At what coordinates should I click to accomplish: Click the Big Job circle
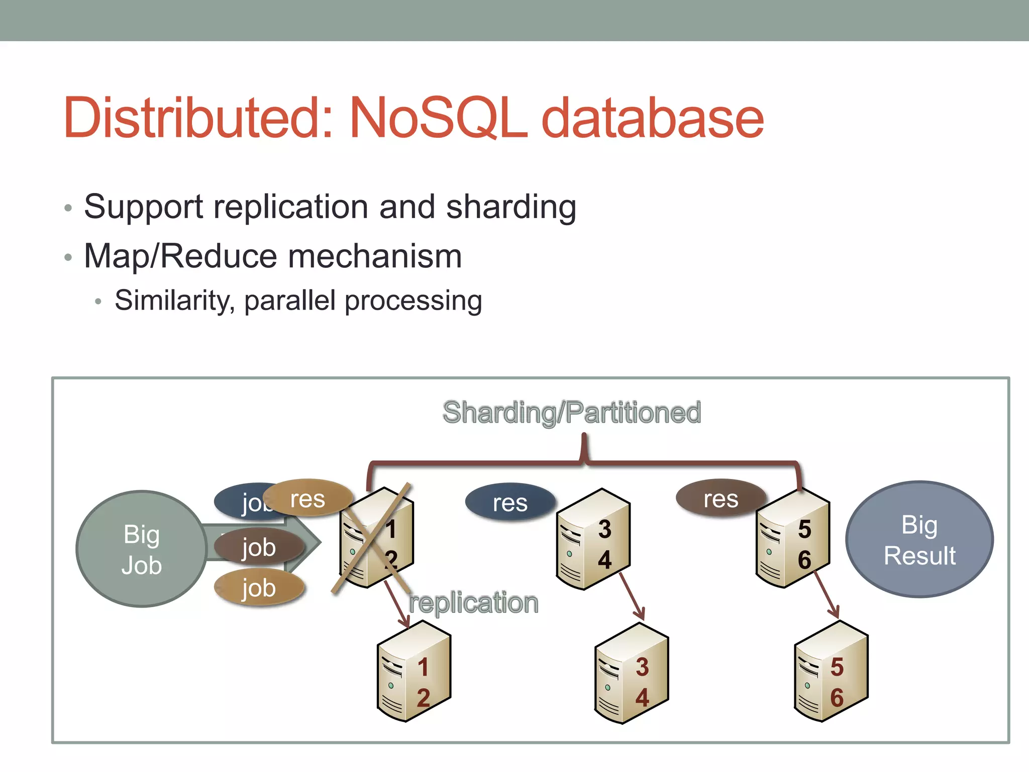(x=142, y=549)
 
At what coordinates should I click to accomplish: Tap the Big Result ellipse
(x=919, y=540)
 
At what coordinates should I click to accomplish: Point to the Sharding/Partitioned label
(x=572, y=413)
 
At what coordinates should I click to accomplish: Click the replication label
(x=473, y=603)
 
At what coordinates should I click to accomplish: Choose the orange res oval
(x=308, y=499)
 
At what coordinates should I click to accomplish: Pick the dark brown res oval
(x=721, y=499)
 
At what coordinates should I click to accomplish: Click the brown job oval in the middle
(x=259, y=547)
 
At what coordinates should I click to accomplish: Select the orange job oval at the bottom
(x=259, y=588)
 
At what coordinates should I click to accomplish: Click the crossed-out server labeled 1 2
(x=376, y=538)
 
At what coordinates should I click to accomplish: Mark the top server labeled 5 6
(x=793, y=538)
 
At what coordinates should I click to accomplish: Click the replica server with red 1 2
(x=414, y=671)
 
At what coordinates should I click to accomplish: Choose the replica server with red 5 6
(x=831, y=671)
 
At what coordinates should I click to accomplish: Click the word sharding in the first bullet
(x=511, y=207)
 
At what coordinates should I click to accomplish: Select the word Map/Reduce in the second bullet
(x=180, y=256)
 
